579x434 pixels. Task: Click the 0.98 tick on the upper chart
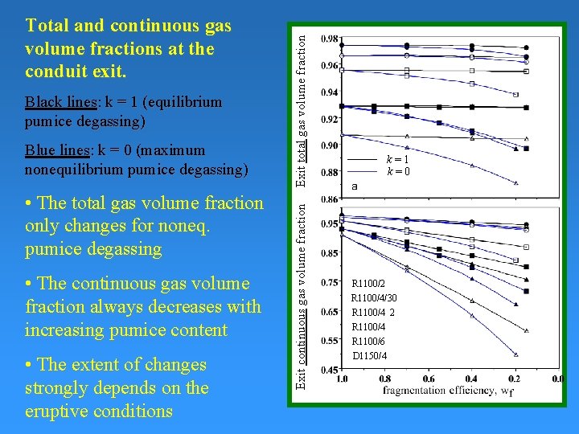329,39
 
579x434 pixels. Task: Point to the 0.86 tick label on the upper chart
329,199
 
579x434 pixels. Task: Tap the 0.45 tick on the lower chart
329,370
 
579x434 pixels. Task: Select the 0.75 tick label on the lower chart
329,282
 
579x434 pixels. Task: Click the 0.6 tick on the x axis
429,379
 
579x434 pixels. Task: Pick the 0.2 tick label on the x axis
515,379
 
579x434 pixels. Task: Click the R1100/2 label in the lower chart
368,284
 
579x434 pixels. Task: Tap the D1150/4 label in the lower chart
369,356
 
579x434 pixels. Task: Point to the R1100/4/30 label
374,298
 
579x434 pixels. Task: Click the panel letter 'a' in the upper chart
355,186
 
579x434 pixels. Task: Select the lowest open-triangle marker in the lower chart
516,354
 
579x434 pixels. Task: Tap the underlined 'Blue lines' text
58,149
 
